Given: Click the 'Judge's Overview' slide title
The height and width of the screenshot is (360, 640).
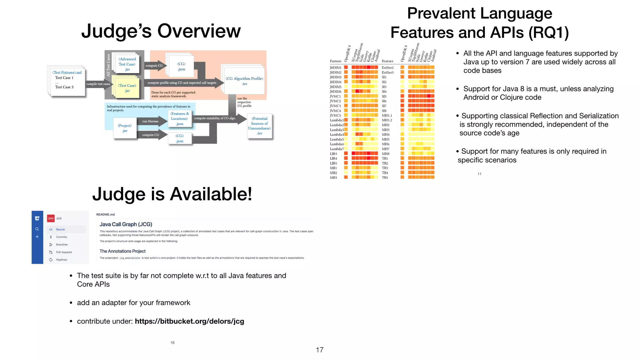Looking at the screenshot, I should pos(161,31).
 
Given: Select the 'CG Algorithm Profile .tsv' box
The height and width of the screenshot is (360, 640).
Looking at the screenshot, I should pos(244,81).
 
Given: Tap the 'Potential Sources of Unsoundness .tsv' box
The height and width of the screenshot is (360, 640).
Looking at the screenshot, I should pos(259,126).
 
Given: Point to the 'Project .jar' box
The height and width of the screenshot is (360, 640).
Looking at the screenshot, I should pos(125,128).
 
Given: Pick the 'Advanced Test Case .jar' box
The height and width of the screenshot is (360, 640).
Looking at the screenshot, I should pos(127,64).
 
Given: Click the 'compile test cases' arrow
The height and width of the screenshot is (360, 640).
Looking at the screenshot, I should pos(98,84).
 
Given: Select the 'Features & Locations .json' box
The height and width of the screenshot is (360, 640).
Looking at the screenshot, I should pos(179,119).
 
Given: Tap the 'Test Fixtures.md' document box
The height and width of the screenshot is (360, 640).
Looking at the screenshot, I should pos(67,80).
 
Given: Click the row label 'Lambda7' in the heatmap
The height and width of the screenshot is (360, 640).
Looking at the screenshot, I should pos(337,149).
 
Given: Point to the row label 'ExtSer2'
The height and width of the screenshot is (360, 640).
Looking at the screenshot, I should pos(387,67).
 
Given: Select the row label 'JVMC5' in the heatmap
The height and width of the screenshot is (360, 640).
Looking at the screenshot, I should pos(335,116).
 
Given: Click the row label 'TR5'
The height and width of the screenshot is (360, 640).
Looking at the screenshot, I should pos(385,177).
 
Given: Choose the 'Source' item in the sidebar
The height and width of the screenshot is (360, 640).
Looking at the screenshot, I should pos(60,229).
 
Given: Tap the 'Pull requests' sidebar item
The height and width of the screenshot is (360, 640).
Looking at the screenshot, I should pos(64,252).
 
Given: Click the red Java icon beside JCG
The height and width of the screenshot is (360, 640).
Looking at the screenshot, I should pos(51,218).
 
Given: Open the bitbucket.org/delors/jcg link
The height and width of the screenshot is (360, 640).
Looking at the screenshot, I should pos(189,321).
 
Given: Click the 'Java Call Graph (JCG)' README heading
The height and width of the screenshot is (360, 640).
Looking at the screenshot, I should pos(126,224).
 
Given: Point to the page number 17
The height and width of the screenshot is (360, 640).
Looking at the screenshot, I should pos(320,350).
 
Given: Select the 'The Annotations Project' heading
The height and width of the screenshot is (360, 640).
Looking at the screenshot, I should pos(122,251).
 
